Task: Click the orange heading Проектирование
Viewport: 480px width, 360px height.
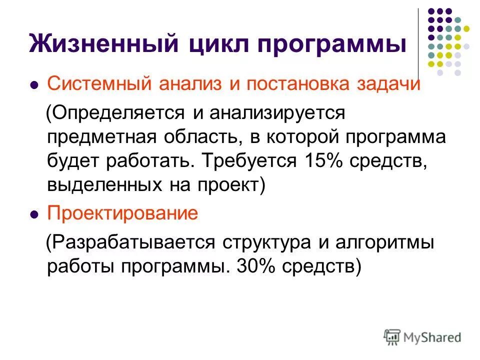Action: tap(122, 214)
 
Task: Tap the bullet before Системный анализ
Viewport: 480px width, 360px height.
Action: tap(34, 85)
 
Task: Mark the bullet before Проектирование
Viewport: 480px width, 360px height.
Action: tap(34, 215)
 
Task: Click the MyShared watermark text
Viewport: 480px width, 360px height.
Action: tap(433, 337)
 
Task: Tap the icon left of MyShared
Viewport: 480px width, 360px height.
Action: tap(392, 336)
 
